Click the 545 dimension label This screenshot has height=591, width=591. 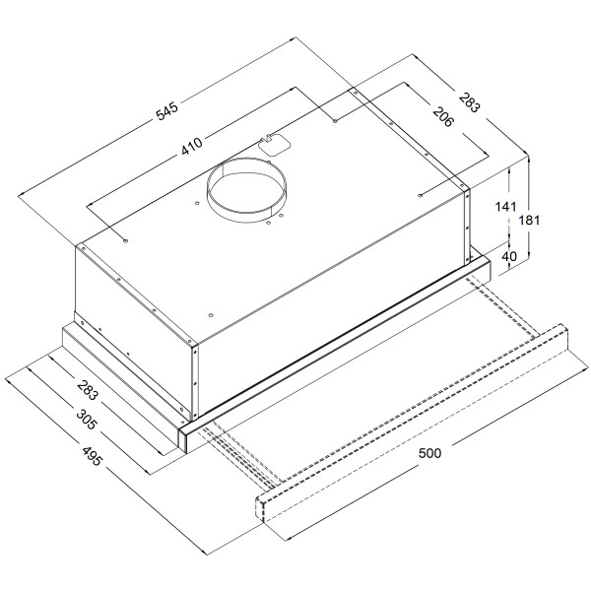point(167,111)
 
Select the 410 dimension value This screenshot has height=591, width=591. point(192,146)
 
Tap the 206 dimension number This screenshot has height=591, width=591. point(442,117)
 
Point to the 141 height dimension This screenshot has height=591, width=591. point(505,207)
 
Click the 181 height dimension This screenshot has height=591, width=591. point(529,220)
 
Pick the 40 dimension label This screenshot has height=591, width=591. point(509,256)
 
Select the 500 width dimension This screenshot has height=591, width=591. point(429,453)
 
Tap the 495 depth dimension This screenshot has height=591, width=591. point(92,456)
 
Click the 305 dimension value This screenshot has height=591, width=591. point(87,420)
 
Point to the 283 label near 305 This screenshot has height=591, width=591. point(88,390)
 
